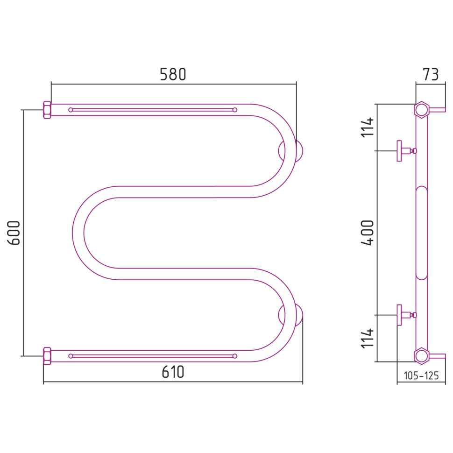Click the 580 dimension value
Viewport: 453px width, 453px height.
(173, 75)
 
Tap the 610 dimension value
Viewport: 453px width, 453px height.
(173, 372)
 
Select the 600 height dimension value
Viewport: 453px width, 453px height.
(14, 233)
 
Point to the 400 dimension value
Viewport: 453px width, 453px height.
(368, 233)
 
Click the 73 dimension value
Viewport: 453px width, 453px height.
(431, 75)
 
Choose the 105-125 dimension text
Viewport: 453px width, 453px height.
(421, 375)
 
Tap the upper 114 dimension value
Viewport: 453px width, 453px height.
(368, 127)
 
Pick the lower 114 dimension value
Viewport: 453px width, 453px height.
(368, 338)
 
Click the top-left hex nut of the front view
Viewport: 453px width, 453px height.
(47, 110)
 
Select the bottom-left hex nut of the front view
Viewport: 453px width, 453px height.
(47, 356)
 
